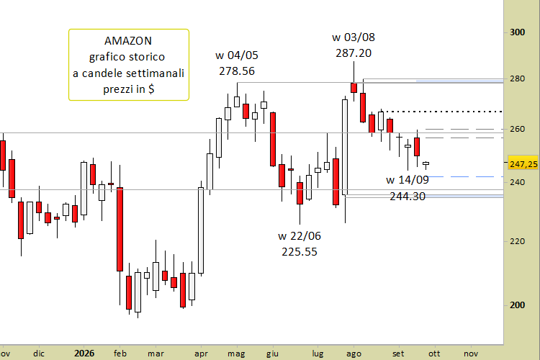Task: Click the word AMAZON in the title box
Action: click(x=128, y=40)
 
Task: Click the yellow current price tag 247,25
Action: click(x=523, y=164)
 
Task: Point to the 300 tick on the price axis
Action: click(x=517, y=32)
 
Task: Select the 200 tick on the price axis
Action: click(x=517, y=305)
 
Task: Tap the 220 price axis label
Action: click(x=517, y=241)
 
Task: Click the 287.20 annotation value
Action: click(x=354, y=53)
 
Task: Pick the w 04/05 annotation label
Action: click(x=237, y=55)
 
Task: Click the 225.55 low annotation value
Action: click(x=300, y=252)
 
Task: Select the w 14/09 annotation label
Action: click(x=408, y=180)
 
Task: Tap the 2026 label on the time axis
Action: click(x=84, y=354)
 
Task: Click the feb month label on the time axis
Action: click(x=120, y=354)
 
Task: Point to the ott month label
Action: click(x=434, y=354)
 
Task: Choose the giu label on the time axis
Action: click(x=272, y=354)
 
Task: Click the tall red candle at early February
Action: click(x=120, y=229)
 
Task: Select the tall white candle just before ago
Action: click(x=345, y=147)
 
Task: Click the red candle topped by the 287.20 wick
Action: click(x=354, y=88)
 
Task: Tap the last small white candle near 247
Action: click(x=426, y=163)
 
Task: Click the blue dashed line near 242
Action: click(x=465, y=176)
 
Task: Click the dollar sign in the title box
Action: click(x=151, y=89)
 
